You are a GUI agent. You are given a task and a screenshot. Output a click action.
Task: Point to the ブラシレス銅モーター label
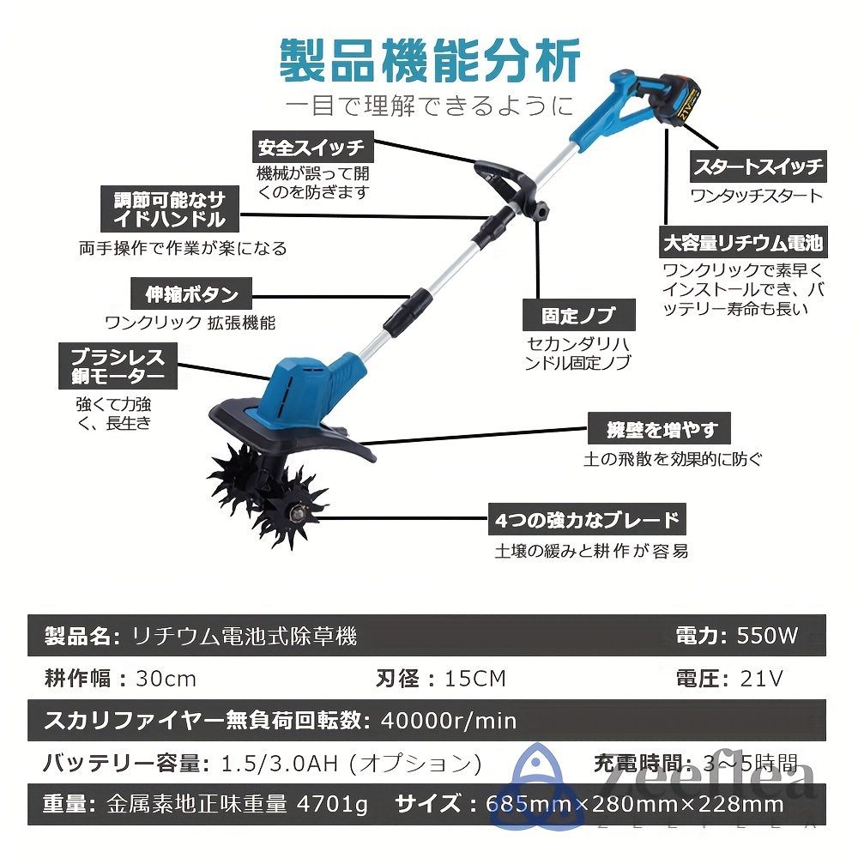pos(112,366)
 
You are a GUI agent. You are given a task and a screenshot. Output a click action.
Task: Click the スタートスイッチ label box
pos(758,166)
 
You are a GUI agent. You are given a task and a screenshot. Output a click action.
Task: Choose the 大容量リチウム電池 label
pos(742,243)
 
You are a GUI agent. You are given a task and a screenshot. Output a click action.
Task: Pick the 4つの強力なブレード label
pos(587,519)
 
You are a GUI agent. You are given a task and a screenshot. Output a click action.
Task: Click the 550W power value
pos(767,636)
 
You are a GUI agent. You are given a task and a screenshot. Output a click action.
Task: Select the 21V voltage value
pos(762,679)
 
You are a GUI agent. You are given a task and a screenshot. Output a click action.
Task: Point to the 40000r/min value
pos(447,720)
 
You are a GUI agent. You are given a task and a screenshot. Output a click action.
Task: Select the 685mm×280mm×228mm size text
pos(634,804)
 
